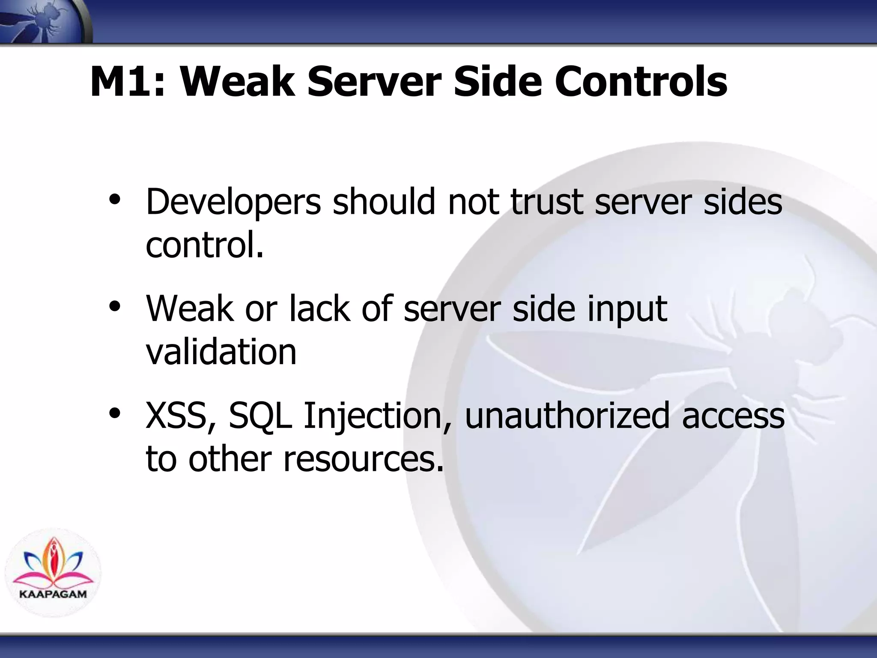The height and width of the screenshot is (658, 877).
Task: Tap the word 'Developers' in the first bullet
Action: point(233,202)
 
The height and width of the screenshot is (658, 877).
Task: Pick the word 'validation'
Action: point(221,352)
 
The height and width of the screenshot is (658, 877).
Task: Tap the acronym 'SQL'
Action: point(260,416)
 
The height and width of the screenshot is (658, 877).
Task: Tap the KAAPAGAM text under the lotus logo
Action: point(53,594)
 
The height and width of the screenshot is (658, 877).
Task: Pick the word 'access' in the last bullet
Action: point(733,416)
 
